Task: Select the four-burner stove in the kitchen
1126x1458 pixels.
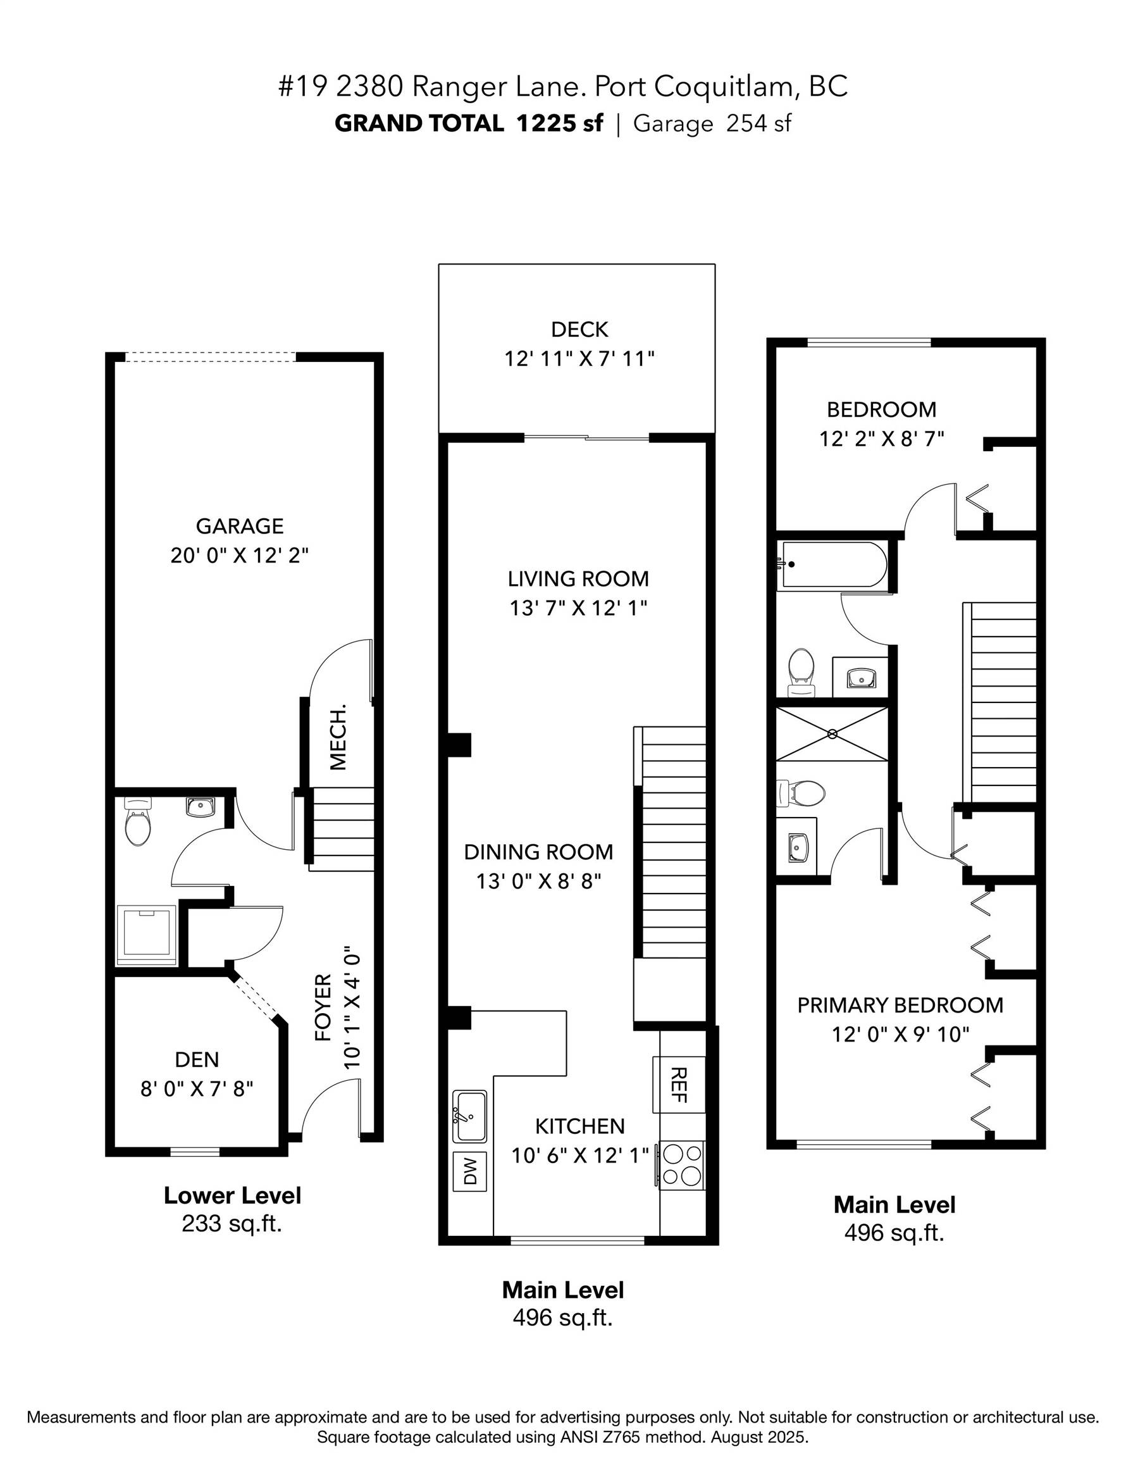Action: pyautogui.click(x=681, y=1165)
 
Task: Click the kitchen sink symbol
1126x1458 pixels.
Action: pyautogui.click(x=470, y=1116)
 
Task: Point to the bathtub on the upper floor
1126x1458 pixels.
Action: pyautogui.click(x=834, y=564)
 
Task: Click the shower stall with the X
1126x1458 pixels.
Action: pyautogui.click(x=832, y=733)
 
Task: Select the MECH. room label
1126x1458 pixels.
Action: pyautogui.click(x=338, y=737)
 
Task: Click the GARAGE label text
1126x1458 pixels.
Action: pyautogui.click(x=240, y=526)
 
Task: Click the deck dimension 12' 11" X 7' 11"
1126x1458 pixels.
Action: pyautogui.click(x=579, y=359)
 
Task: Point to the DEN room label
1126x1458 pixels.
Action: pyautogui.click(x=197, y=1059)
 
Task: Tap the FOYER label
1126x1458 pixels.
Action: pyautogui.click(x=324, y=1007)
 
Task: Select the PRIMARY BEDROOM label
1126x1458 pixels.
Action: pyautogui.click(x=900, y=1006)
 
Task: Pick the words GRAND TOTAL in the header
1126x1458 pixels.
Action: pyautogui.click(x=419, y=123)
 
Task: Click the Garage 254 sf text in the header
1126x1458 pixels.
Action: pyautogui.click(x=712, y=123)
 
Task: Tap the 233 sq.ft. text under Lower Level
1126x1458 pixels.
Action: pyautogui.click(x=232, y=1224)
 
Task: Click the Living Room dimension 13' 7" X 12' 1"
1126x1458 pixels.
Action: pyautogui.click(x=579, y=608)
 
